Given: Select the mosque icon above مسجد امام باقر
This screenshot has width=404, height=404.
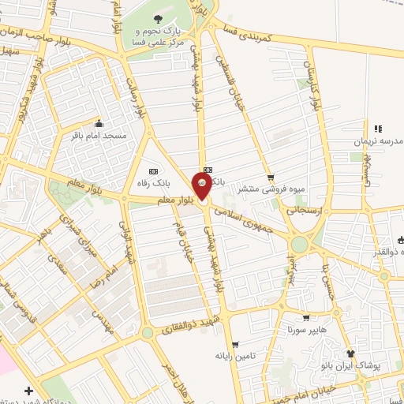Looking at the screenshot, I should coord(99,124).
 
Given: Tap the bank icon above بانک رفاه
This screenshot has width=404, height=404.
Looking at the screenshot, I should coord(153,171).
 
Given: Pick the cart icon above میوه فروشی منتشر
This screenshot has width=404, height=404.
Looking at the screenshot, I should coord(271,178).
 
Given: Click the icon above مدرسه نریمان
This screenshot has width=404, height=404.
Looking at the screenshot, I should coord(377,129).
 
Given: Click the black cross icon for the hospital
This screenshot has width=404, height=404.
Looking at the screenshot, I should coord(29,391).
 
